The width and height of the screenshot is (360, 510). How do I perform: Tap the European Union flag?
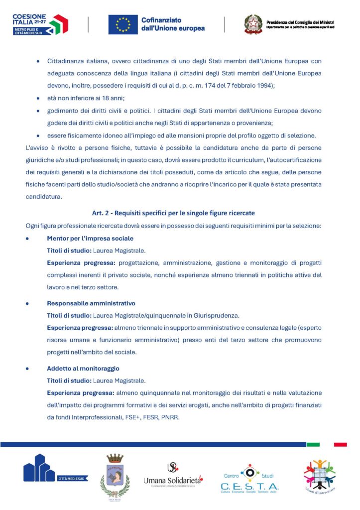pos(123,24)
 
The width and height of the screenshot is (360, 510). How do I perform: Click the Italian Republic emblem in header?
pos(253,24)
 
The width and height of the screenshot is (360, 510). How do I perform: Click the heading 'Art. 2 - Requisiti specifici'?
pos(173,213)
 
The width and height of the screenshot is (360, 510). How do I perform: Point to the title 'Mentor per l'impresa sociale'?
pos(90,239)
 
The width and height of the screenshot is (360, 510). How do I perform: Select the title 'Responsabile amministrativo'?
pos(91,303)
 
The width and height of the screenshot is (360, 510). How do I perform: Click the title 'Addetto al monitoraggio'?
pos(83,368)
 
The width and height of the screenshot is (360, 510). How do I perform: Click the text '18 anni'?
pos(113,98)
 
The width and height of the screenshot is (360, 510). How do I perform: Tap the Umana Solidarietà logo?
pos(173,474)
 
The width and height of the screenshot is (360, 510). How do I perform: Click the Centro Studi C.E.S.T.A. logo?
pos(249,478)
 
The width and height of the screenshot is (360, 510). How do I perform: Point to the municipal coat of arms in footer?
pos(115,475)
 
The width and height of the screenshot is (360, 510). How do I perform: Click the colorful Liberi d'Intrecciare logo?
pos(320,476)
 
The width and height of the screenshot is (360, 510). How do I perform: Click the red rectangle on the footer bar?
pos(340,444)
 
